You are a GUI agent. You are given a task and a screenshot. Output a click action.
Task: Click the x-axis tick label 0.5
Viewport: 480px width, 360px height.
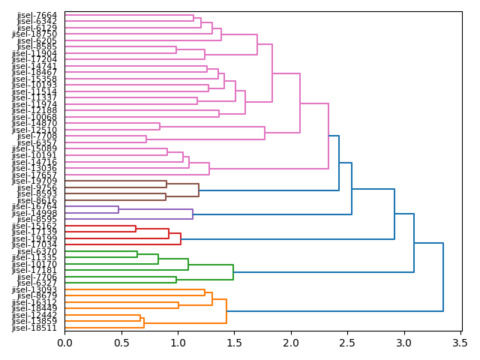(121, 343)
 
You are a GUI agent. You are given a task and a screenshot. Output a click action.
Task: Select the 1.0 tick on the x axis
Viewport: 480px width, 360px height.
(178, 343)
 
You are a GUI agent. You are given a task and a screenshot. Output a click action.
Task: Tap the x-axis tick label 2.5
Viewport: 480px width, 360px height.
(348, 343)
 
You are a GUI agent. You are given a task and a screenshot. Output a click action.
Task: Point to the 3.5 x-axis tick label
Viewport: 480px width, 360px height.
(460, 343)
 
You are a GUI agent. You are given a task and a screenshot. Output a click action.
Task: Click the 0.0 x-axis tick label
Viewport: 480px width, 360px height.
(65, 343)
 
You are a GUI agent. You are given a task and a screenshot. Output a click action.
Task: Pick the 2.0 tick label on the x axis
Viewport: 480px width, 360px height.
(291, 343)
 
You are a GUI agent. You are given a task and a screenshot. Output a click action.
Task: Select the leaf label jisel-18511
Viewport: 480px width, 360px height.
(34, 328)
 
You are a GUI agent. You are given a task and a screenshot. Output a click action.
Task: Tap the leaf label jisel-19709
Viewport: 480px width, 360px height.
(34, 181)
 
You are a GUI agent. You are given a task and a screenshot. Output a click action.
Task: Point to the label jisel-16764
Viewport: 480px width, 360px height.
(34, 206)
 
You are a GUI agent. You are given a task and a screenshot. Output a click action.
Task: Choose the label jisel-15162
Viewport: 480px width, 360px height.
(34, 226)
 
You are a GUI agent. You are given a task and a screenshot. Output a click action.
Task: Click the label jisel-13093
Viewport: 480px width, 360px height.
(34, 289)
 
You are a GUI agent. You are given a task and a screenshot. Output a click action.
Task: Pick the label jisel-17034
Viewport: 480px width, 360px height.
(34, 244)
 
